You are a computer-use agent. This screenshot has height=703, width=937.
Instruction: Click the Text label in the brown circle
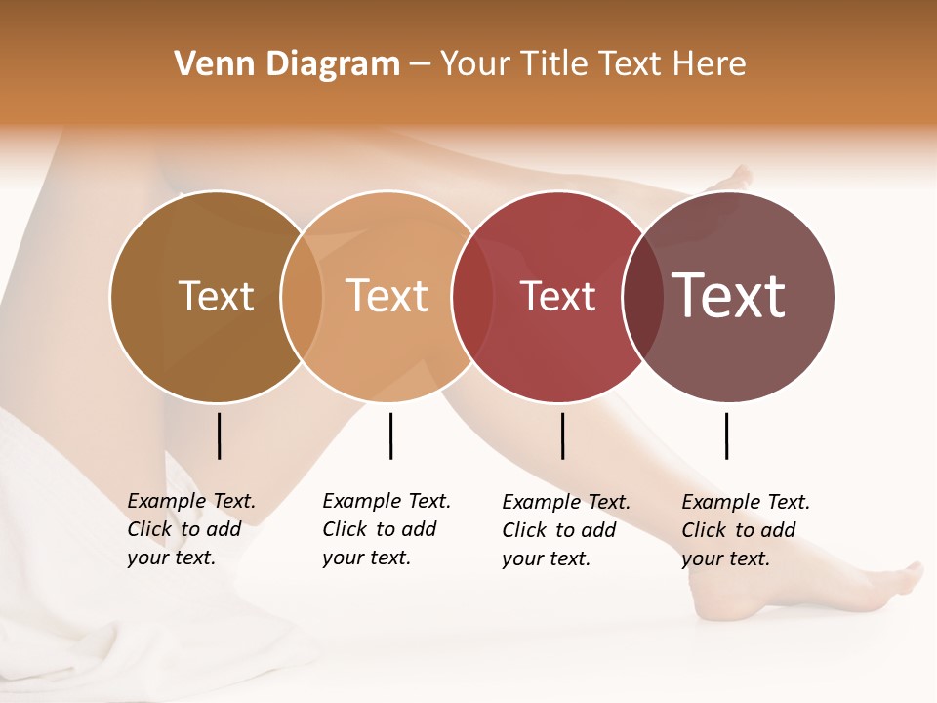point(216,296)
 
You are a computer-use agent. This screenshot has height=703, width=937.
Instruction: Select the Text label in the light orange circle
point(387,296)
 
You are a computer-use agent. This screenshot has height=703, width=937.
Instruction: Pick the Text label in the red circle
point(557,297)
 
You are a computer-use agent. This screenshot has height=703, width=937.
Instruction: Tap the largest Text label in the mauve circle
point(728,296)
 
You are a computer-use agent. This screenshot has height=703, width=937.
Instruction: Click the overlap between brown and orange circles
point(302,297)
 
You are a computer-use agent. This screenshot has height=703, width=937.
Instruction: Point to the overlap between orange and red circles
point(472,297)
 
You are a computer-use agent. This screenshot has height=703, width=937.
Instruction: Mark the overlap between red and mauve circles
point(641,297)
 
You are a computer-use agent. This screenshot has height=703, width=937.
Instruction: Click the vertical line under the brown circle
point(219,435)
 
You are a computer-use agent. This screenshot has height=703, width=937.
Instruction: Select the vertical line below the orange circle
point(390,435)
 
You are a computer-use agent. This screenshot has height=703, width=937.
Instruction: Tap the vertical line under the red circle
point(562,435)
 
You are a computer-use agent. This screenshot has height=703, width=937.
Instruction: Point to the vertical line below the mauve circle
point(726,435)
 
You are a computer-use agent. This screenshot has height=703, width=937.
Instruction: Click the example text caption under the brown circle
point(191,529)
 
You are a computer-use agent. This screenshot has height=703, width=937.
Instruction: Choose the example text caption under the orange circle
point(387,529)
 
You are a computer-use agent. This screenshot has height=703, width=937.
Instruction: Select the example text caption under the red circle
point(566,530)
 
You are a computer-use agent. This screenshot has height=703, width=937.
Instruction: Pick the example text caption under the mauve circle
point(746,530)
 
